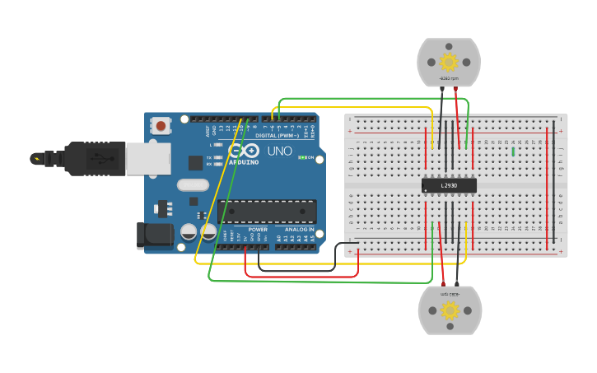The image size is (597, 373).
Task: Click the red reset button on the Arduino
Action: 161,126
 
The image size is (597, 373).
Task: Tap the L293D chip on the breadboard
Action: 449,185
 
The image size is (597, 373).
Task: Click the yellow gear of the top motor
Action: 449,62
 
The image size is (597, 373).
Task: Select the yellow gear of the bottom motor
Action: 450,310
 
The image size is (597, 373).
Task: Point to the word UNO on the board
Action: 280,152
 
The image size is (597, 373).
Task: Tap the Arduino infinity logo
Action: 245,151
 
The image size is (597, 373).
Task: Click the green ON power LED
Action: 301,157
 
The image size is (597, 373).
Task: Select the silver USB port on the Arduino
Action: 148,158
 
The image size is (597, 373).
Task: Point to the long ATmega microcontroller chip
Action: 267,211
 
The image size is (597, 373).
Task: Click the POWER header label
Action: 258,230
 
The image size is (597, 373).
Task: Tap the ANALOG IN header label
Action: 300,230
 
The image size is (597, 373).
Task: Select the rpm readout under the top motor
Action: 449,78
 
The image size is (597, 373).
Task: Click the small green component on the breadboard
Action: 513,152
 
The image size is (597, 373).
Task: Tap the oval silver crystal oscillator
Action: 193,185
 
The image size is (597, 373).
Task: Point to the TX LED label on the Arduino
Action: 209,156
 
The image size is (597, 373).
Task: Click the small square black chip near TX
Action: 195,163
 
